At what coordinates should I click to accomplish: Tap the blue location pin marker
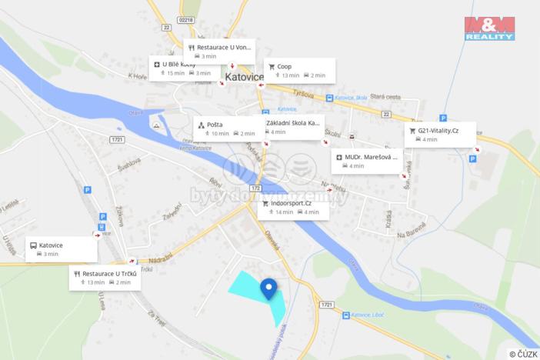pyautogui.click(x=268, y=288)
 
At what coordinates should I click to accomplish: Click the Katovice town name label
pyautogui.click(x=244, y=77)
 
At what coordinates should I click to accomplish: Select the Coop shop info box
pyautogui.click(x=300, y=70)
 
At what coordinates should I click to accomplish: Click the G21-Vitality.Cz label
pyautogui.click(x=440, y=135)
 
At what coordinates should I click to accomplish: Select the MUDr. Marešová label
pyautogui.click(x=366, y=161)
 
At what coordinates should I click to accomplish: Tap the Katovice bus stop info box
pyautogui.click(x=62, y=249)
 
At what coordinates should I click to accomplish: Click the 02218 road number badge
pyautogui.click(x=185, y=19)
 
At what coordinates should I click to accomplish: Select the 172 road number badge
pyautogui.click(x=255, y=187)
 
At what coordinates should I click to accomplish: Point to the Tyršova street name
pyautogui.click(x=305, y=96)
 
